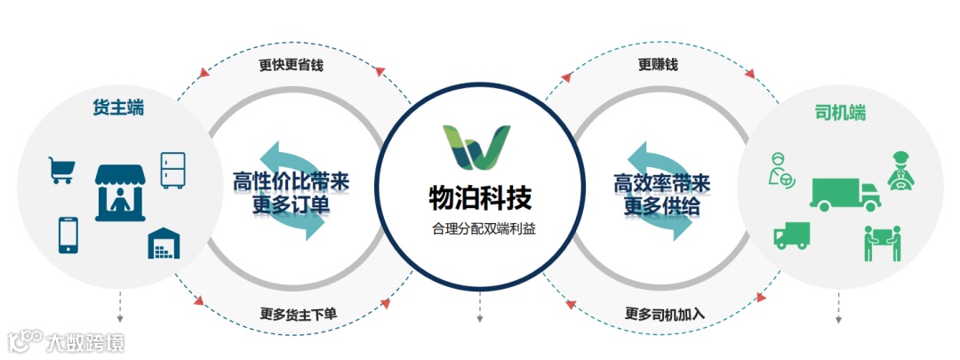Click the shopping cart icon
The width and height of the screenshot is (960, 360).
click(x=61, y=170)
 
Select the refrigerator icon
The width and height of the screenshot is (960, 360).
click(x=172, y=170)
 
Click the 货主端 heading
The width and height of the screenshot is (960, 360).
click(x=118, y=108)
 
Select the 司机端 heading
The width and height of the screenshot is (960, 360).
click(x=840, y=114)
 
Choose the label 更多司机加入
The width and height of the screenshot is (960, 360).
click(x=665, y=314)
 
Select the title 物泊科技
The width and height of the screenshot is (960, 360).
click(x=479, y=195)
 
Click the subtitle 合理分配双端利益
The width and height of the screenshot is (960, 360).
click(x=479, y=228)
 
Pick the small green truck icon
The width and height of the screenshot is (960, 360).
click(x=791, y=235)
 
